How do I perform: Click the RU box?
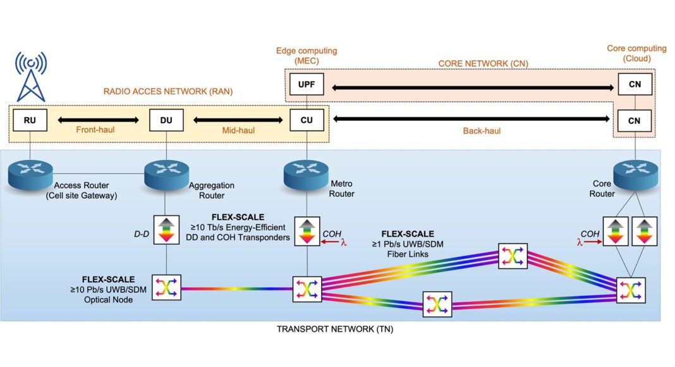30,120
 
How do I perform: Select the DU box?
166,120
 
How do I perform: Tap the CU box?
306,120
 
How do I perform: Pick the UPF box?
306,84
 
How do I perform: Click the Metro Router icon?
306,171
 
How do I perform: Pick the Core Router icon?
634,171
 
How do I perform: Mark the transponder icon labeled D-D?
166,230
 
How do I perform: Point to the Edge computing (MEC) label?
307,55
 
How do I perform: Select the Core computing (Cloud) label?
636,53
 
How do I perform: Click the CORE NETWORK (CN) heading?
483,64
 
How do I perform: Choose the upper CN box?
634,84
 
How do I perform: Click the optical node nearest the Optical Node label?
166,289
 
